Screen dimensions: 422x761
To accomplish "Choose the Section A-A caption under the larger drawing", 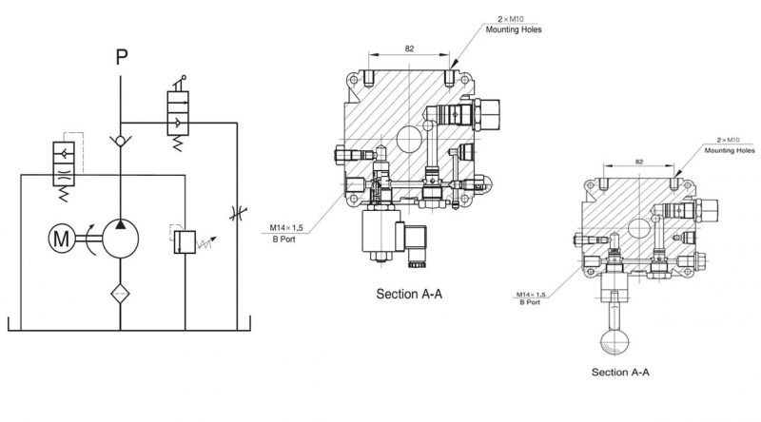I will point(410,294).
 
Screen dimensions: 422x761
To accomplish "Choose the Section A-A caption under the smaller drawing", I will point(620,372).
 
